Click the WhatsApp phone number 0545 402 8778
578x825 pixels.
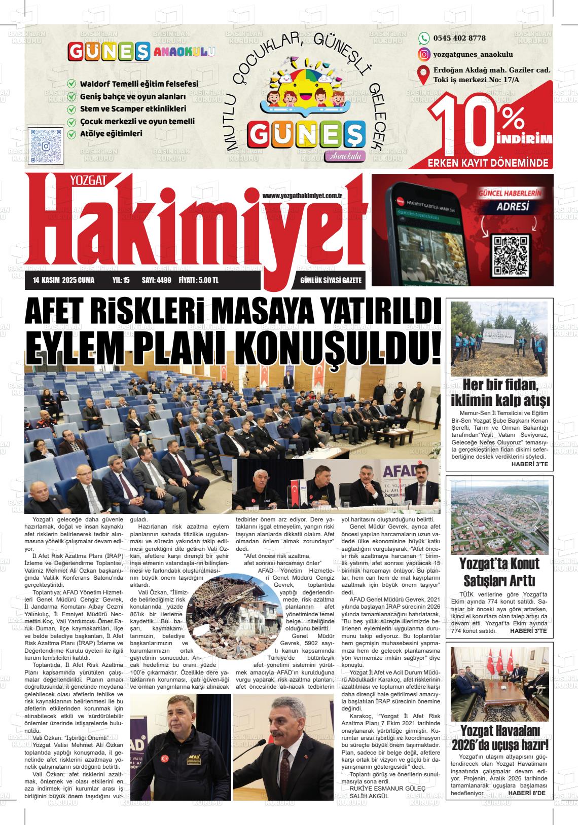459,38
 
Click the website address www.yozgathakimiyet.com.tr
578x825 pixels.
303,196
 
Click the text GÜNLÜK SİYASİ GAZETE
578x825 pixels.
331,280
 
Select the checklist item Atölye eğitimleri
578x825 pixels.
111,134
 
